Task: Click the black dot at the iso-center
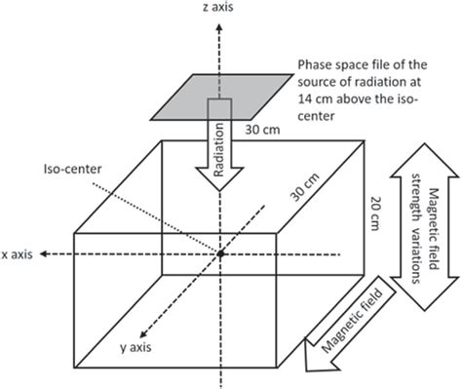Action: coord(221,253)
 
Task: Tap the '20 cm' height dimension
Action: coord(370,210)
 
